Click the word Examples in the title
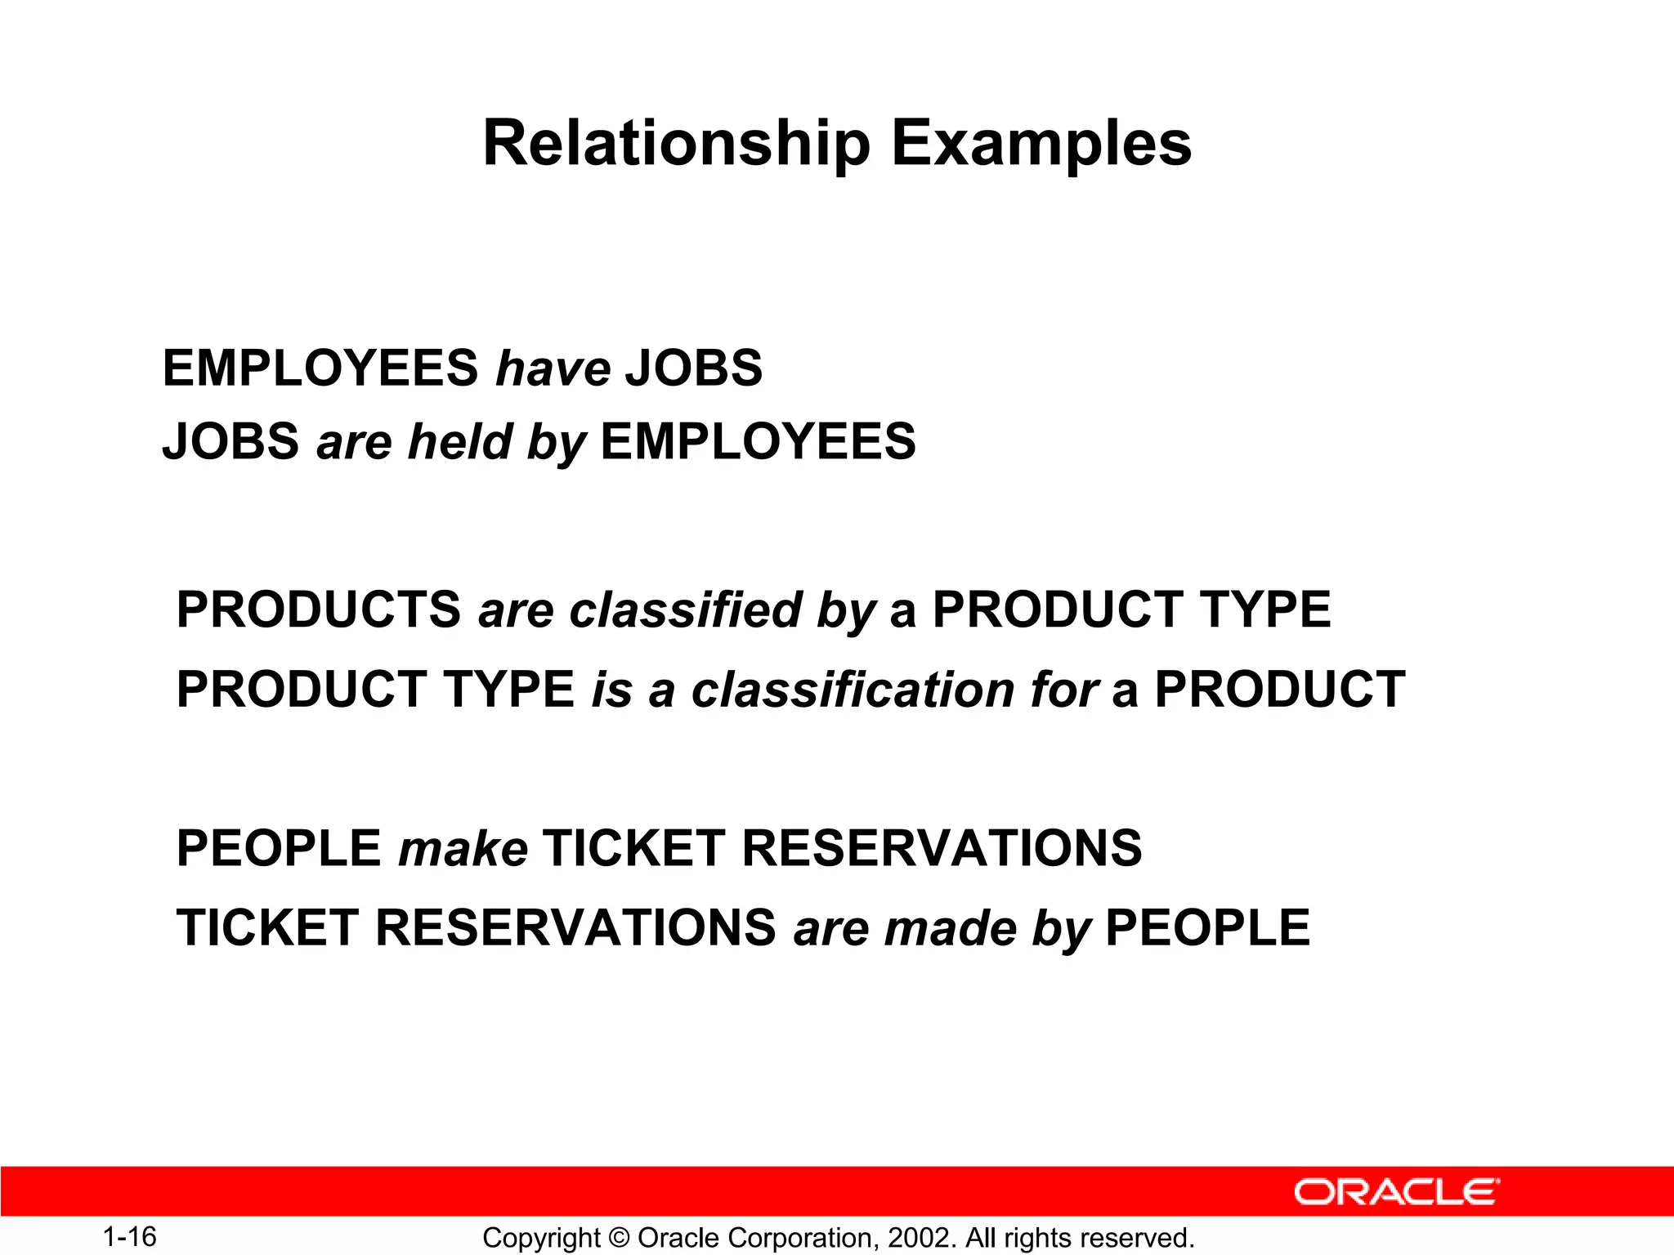[x=1041, y=144]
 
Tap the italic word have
[x=553, y=368]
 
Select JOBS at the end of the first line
[x=694, y=368]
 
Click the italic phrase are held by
[x=451, y=442]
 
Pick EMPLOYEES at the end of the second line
[x=759, y=442]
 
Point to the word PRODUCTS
[x=319, y=610]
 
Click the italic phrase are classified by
[x=677, y=611]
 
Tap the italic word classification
[x=853, y=690]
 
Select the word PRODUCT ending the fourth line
[x=1280, y=690]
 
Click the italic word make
[x=463, y=849]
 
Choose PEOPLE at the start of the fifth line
[x=279, y=848]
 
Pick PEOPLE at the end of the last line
[x=1207, y=928]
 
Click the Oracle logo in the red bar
[x=1397, y=1192]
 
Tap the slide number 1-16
[x=129, y=1237]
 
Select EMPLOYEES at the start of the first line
[x=320, y=368]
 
